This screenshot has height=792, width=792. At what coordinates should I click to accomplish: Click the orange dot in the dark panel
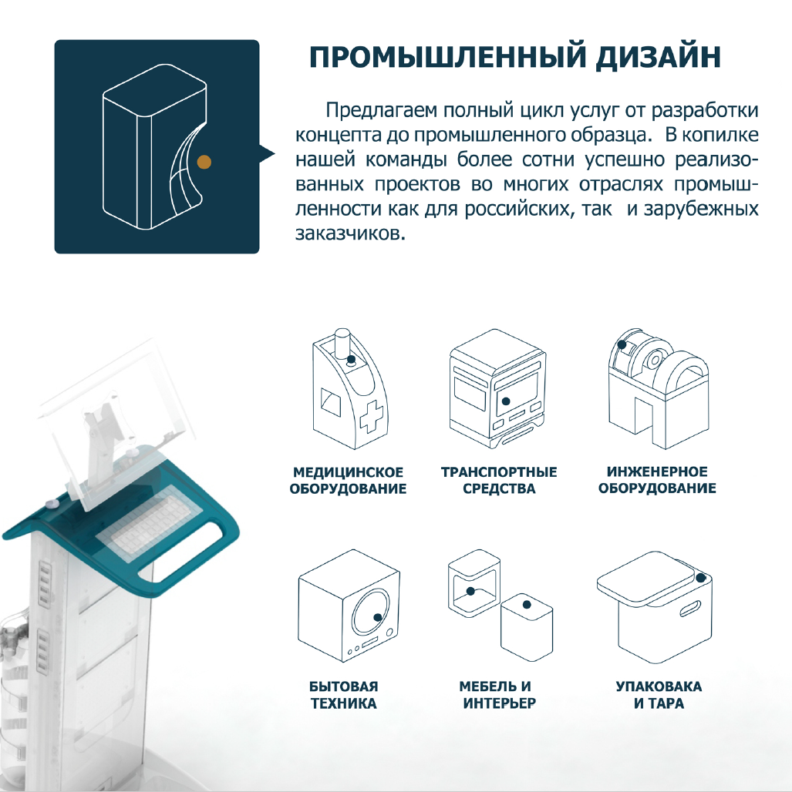204,162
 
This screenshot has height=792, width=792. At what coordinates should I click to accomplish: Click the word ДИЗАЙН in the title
658,57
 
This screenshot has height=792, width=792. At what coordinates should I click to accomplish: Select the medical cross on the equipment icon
371,416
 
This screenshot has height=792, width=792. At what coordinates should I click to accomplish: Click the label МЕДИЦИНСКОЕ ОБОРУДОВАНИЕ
348,480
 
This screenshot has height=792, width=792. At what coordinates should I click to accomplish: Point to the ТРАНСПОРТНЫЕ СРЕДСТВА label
499,480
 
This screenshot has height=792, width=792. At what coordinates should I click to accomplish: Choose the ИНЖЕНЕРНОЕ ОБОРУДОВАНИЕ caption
657,480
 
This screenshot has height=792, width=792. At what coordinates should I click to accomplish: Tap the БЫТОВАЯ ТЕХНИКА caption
344,694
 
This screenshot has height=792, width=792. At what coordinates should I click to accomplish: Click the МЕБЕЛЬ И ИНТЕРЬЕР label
499,694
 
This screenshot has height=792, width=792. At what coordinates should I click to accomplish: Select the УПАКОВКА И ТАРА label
659,694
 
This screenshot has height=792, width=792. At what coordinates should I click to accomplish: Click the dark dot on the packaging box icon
700,578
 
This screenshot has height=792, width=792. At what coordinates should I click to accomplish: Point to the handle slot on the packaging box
690,609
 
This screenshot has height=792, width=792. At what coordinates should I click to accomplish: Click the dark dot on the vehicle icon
506,401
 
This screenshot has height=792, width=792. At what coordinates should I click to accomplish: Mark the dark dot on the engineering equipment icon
622,344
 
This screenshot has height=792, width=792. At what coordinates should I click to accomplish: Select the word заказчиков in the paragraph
350,234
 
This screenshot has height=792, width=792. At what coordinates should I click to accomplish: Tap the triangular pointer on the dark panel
267,153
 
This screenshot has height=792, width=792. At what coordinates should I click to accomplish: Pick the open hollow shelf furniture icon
474,583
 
